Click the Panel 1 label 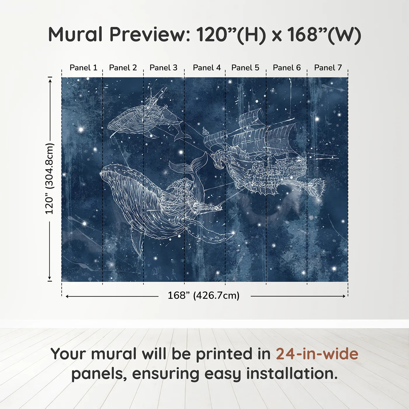point(83,68)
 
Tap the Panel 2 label point(123,68)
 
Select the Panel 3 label point(163,68)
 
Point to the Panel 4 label point(207,68)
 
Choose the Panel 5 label point(245,68)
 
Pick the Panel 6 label point(287,68)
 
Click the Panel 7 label point(328,68)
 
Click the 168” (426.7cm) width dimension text point(203,296)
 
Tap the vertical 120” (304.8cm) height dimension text point(50,179)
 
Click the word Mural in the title point(75,34)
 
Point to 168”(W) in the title point(324,34)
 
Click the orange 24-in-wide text point(317,354)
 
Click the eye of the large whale point(166,207)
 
